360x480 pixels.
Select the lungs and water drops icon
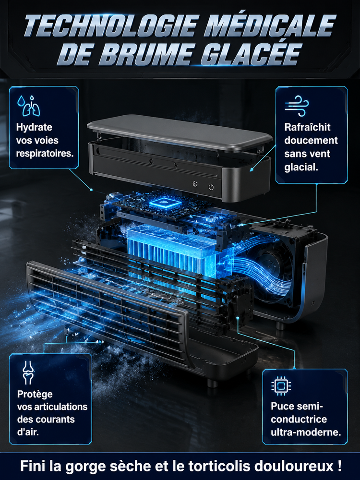(x=28, y=106)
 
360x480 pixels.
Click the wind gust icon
(x=297, y=106)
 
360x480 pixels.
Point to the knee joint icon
(x=28, y=372)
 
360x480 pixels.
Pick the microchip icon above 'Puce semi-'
(x=281, y=386)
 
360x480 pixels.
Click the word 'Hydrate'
(x=34, y=127)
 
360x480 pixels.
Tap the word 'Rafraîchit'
(x=307, y=127)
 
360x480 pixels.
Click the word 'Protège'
(x=35, y=394)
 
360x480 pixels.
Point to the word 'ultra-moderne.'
(x=306, y=432)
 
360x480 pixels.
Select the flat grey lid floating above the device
(x=180, y=132)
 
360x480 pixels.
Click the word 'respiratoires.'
(x=45, y=154)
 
